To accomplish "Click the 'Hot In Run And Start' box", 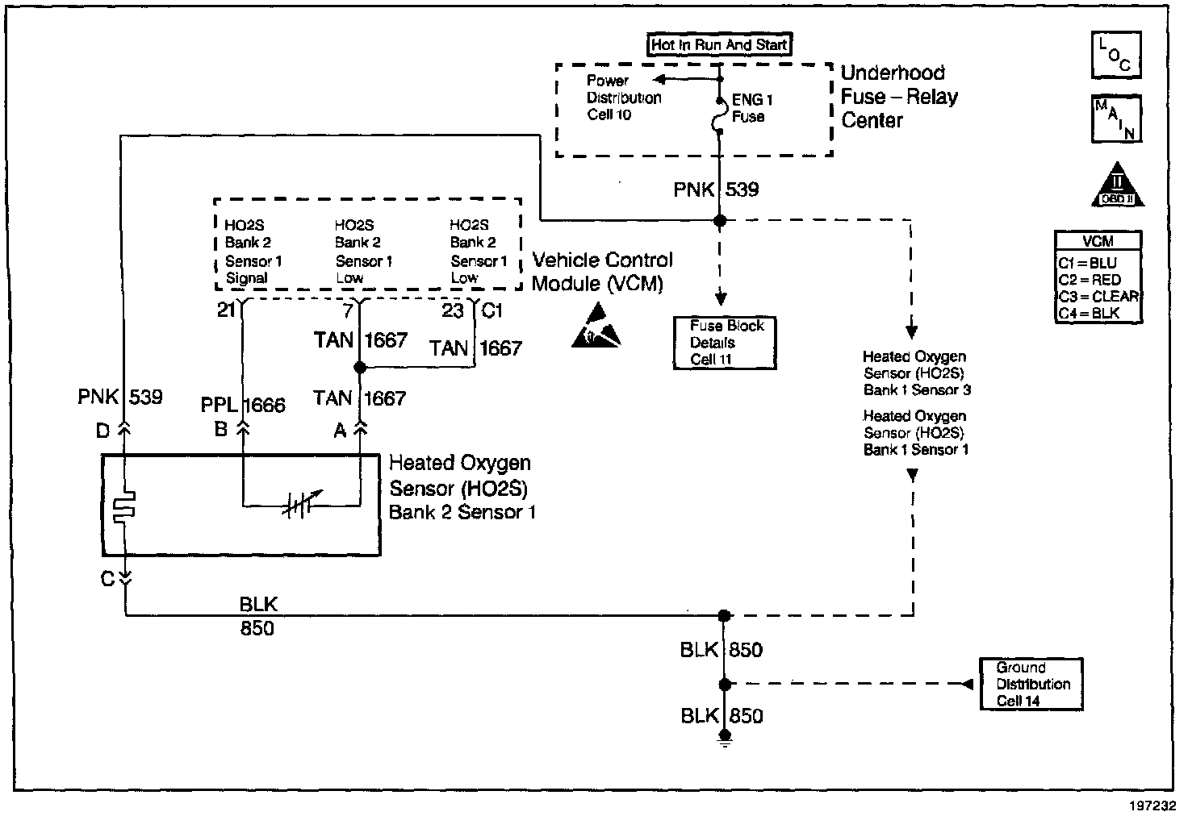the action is pyautogui.click(x=719, y=44).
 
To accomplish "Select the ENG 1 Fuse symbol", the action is pyautogui.click(x=718, y=115).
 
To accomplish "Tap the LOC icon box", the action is pyautogui.click(x=1116, y=55).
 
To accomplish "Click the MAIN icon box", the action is pyautogui.click(x=1116, y=119).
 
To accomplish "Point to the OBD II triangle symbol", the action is pyautogui.click(x=1118, y=185).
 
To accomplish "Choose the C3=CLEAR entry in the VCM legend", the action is pyautogui.click(x=1098, y=296).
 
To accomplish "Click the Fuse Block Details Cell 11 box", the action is pyautogui.click(x=725, y=343).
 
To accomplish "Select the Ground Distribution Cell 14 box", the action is pyautogui.click(x=1031, y=684).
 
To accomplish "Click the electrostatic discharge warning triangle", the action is pyautogui.click(x=596, y=326).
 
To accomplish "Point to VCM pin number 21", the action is pyautogui.click(x=227, y=310).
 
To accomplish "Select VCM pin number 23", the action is pyautogui.click(x=453, y=311).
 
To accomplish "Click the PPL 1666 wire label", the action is pyautogui.click(x=243, y=406).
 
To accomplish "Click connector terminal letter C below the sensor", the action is pyautogui.click(x=107, y=579).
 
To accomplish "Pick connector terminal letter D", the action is pyautogui.click(x=102, y=431).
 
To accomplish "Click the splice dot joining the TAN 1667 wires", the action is pyautogui.click(x=360, y=367).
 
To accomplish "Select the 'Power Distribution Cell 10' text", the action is pyautogui.click(x=624, y=98).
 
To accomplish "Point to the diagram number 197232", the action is pyautogui.click(x=1152, y=806).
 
